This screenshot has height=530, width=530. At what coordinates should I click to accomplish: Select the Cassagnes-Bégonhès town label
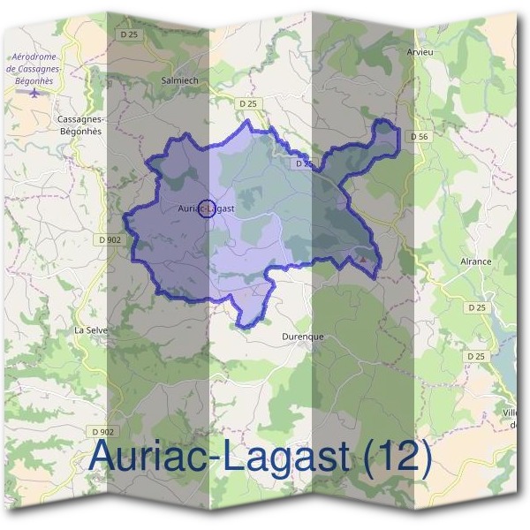tap(79, 125)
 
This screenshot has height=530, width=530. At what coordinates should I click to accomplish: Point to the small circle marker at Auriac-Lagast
tap(206, 208)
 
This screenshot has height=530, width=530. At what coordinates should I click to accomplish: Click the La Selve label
tap(90, 329)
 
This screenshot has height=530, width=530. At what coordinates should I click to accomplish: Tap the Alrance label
tap(475, 261)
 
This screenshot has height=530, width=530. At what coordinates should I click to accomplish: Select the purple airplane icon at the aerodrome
tap(34, 91)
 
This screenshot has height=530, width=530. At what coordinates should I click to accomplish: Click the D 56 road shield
tap(418, 137)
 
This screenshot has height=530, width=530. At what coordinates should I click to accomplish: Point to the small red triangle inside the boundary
tap(360, 259)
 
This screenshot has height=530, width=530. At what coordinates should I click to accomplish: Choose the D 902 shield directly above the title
tap(102, 431)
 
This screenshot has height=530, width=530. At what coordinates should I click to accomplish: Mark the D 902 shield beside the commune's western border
tap(110, 238)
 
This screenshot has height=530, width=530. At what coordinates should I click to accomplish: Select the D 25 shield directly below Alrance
tap(477, 307)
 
